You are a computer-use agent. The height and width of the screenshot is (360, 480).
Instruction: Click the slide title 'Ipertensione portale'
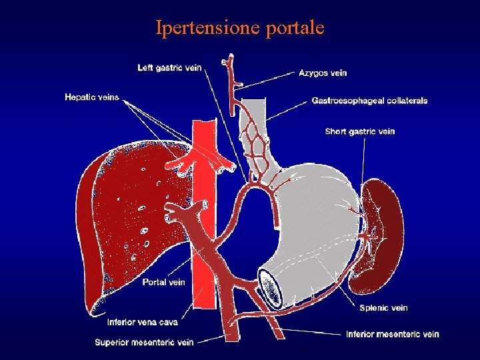240,28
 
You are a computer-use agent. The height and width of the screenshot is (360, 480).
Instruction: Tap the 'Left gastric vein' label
169,67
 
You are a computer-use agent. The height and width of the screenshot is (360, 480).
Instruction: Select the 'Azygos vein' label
323,73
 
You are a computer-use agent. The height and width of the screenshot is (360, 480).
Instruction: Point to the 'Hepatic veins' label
91,97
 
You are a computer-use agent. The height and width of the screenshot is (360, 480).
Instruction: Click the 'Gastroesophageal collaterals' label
369,101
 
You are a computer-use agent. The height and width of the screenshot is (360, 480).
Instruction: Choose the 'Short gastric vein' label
360,131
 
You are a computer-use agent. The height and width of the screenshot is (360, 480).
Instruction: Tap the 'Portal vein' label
163,282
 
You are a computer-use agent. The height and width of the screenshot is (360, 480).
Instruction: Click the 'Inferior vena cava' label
143,323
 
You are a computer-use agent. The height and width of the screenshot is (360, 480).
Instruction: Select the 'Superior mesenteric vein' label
144,343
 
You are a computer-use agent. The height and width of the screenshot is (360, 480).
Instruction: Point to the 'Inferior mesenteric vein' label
393,334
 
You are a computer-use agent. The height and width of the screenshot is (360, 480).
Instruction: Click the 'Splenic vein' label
383,308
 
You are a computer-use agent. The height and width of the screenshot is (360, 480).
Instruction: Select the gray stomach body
313,220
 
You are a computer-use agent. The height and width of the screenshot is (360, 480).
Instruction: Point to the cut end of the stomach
272,291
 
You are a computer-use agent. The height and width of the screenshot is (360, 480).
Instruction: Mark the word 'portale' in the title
295,28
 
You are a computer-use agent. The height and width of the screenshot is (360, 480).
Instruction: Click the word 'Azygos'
311,73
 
